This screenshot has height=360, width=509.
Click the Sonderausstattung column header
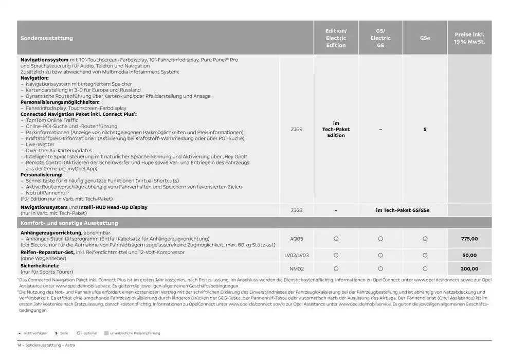click(x=47, y=38)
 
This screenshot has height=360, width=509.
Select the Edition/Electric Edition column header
click(x=336, y=38)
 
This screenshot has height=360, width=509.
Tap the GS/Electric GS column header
click(x=380, y=38)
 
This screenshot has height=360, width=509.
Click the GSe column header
click(x=425, y=38)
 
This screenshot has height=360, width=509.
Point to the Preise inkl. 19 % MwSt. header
click(x=469, y=38)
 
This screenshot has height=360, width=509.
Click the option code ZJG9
click(x=296, y=130)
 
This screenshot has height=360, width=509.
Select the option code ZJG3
click(x=296, y=210)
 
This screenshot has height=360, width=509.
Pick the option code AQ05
click(x=296, y=239)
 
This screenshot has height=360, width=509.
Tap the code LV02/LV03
click(x=296, y=255)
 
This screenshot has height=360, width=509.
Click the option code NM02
click(x=296, y=268)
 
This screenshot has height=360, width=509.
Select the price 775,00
click(x=469, y=239)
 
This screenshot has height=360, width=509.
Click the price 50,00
click(x=469, y=255)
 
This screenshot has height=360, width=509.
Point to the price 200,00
click(x=469, y=268)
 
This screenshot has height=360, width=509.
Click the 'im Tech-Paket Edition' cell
click(x=336, y=130)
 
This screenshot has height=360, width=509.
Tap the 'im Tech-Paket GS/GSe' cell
click(x=403, y=210)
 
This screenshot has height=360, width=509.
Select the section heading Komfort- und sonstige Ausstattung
click(x=69, y=223)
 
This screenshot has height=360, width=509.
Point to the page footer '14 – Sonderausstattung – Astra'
click(x=46, y=345)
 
